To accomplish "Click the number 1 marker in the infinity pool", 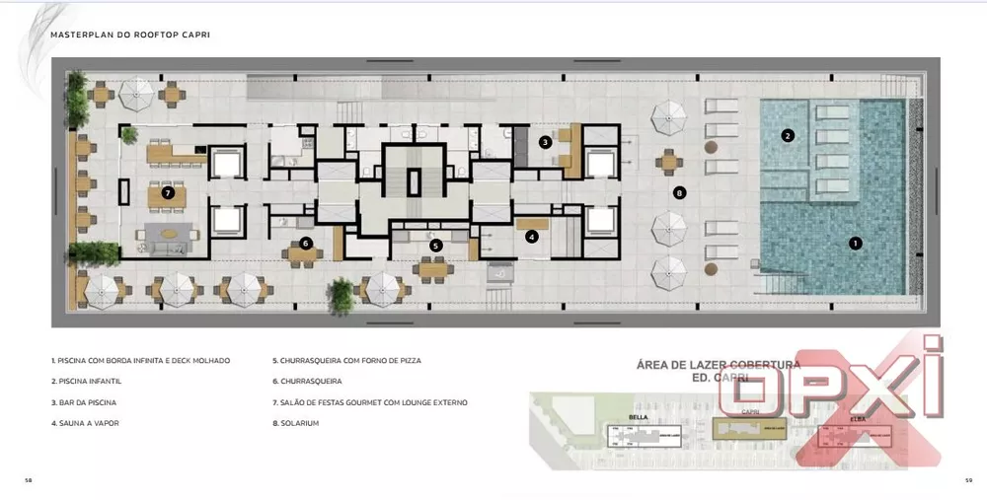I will coord(855,243).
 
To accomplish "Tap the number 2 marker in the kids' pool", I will coord(788,136).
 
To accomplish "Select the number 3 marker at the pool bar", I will coord(545,142).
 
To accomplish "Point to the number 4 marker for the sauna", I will coord(532,236).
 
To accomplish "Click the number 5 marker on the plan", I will coord(435,245).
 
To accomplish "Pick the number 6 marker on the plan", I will coord(306,243).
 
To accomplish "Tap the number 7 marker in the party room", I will coord(168,193).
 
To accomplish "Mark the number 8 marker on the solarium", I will coord(678,193).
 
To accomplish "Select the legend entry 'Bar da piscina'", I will coord(86,402).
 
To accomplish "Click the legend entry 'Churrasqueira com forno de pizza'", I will coord(346,361).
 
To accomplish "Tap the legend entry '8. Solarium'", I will coord(296,423).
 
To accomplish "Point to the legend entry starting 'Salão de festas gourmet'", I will coord(369,402).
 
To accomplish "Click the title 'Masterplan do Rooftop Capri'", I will coord(129,35).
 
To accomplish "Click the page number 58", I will coord(28,480).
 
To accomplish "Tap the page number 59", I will coord(969,480).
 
